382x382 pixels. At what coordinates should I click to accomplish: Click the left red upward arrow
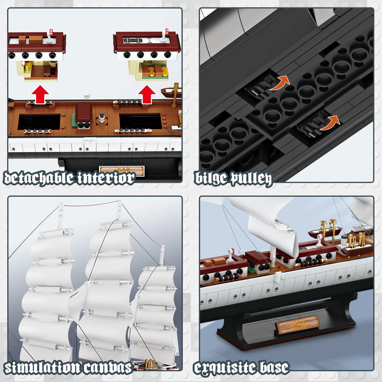(40, 94)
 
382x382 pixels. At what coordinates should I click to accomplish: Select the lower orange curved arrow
(330, 123)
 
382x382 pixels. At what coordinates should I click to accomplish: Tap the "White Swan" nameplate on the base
(298, 324)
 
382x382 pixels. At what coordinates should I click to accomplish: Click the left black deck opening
(39, 122)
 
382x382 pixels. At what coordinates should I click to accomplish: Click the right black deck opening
(140, 122)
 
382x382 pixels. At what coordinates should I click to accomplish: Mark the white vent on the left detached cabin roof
(50, 37)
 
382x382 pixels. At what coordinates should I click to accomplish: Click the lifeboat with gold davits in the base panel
(325, 231)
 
